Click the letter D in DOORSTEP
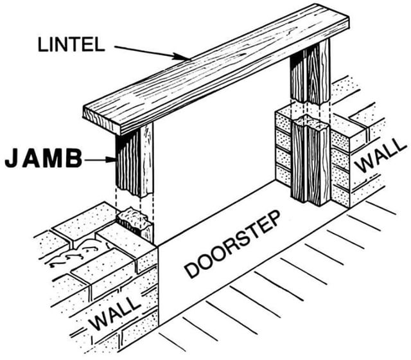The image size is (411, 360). click(191, 270)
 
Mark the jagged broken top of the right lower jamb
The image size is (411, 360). click(310, 123)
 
